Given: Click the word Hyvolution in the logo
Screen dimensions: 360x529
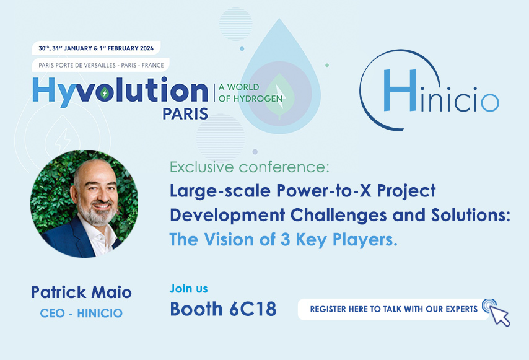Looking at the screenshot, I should (120, 90).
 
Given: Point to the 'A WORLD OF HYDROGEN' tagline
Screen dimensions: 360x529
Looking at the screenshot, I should (248, 92).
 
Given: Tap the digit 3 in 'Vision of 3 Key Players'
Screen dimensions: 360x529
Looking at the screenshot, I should (282, 239).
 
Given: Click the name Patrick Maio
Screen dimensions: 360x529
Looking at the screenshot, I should (81, 292).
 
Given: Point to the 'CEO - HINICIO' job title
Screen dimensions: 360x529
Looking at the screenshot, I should (81, 313).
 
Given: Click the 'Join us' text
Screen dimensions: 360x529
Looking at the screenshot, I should (189, 289).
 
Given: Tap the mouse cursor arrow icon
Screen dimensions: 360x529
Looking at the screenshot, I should (500, 315).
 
